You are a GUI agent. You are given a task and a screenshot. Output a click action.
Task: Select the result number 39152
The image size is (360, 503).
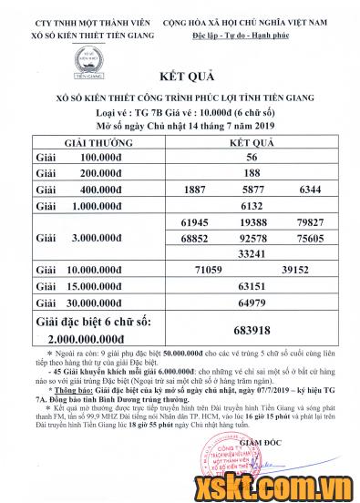(x=302, y=271)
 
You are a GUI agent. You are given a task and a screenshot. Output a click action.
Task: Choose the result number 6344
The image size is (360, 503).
(x=310, y=190)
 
